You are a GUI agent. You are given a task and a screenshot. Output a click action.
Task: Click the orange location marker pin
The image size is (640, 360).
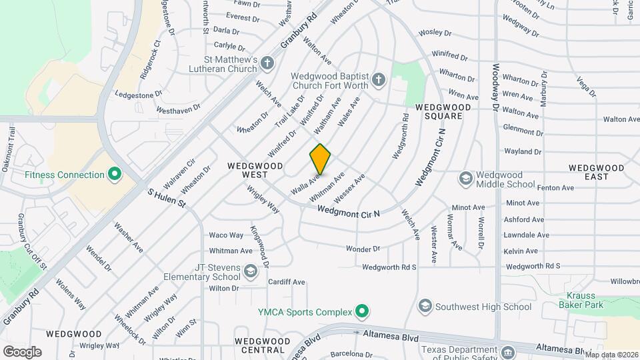tap(320, 159)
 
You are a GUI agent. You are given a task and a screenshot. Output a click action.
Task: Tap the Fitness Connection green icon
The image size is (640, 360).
tap(115, 175)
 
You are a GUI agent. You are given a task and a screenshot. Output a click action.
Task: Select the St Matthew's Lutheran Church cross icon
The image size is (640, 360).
tap(267, 64)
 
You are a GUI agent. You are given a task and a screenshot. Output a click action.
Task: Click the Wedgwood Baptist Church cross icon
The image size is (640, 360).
tap(378, 80)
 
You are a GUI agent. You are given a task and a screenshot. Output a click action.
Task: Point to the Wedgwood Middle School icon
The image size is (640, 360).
tap(465, 179)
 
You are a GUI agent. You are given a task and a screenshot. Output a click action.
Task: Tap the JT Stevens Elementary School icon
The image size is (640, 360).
tap(250, 271)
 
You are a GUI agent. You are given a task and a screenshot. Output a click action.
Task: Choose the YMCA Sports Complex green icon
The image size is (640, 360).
tap(362, 311)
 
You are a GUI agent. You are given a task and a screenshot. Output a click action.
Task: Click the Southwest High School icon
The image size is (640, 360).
tap(424, 307)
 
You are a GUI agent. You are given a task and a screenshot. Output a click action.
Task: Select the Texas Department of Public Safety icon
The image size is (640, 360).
tap(507, 352)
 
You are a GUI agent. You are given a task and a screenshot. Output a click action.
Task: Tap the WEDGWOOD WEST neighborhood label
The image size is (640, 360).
tap(255, 169)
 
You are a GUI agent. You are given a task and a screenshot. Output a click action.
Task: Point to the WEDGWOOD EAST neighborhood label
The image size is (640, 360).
tap(598, 172)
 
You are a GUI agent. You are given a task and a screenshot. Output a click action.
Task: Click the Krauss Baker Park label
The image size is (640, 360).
tap(585, 299)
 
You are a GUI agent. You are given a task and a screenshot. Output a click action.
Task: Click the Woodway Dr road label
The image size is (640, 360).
tap(496, 87)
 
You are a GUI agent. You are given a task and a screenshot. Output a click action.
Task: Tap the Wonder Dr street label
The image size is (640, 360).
tap(363, 249)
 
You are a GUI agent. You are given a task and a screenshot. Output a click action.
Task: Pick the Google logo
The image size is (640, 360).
tap(22, 351)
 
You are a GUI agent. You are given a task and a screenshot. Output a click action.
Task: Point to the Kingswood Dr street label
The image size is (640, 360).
tap(259, 246)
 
